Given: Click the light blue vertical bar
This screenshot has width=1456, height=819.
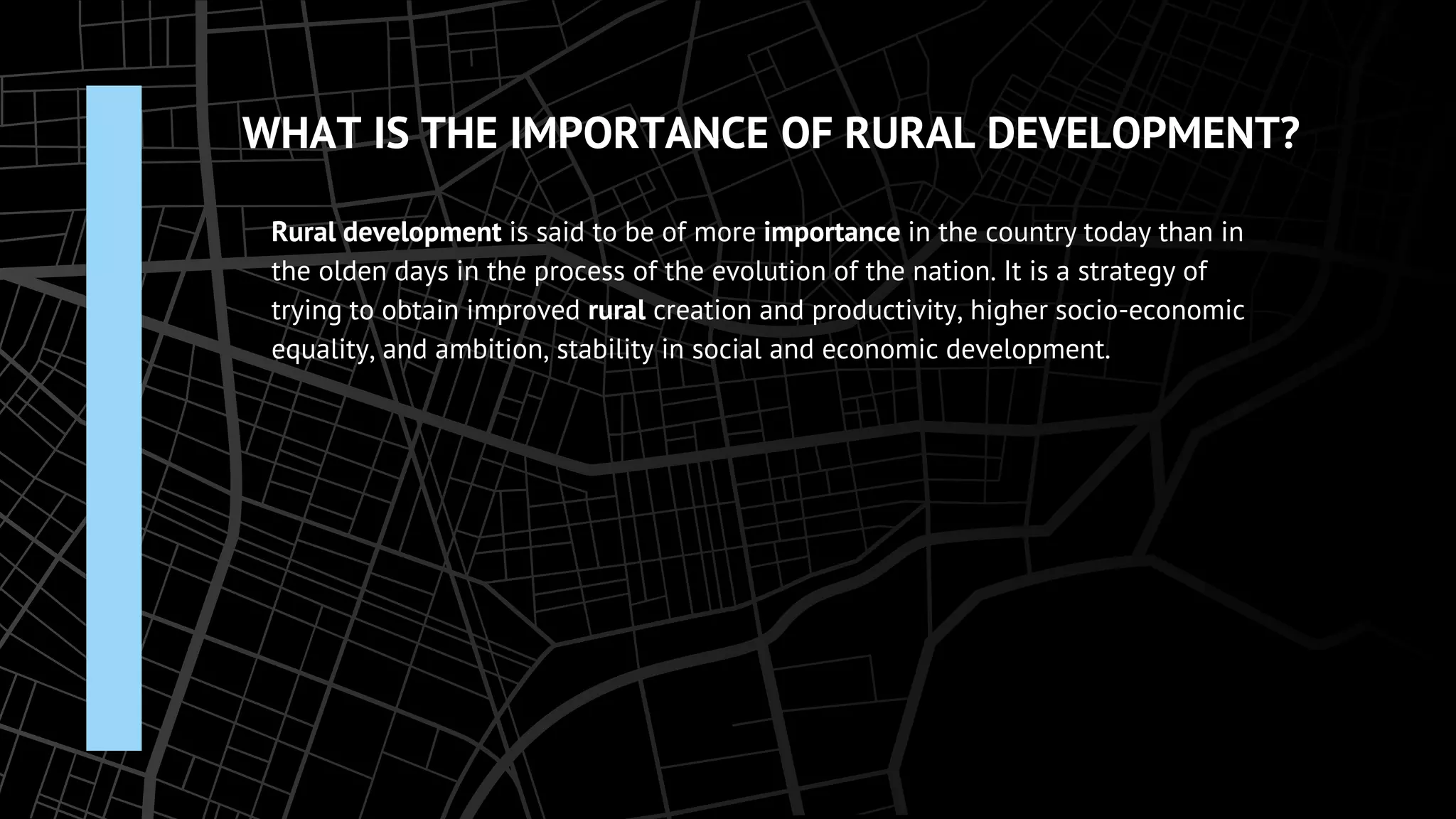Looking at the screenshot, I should pyautogui.click(x=114, y=418).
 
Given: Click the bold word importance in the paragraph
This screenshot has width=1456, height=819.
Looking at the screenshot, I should pyautogui.click(x=832, y=232).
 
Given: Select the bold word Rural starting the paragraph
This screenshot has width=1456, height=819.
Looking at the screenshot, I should pyautogui.click(x=303, y=232).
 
